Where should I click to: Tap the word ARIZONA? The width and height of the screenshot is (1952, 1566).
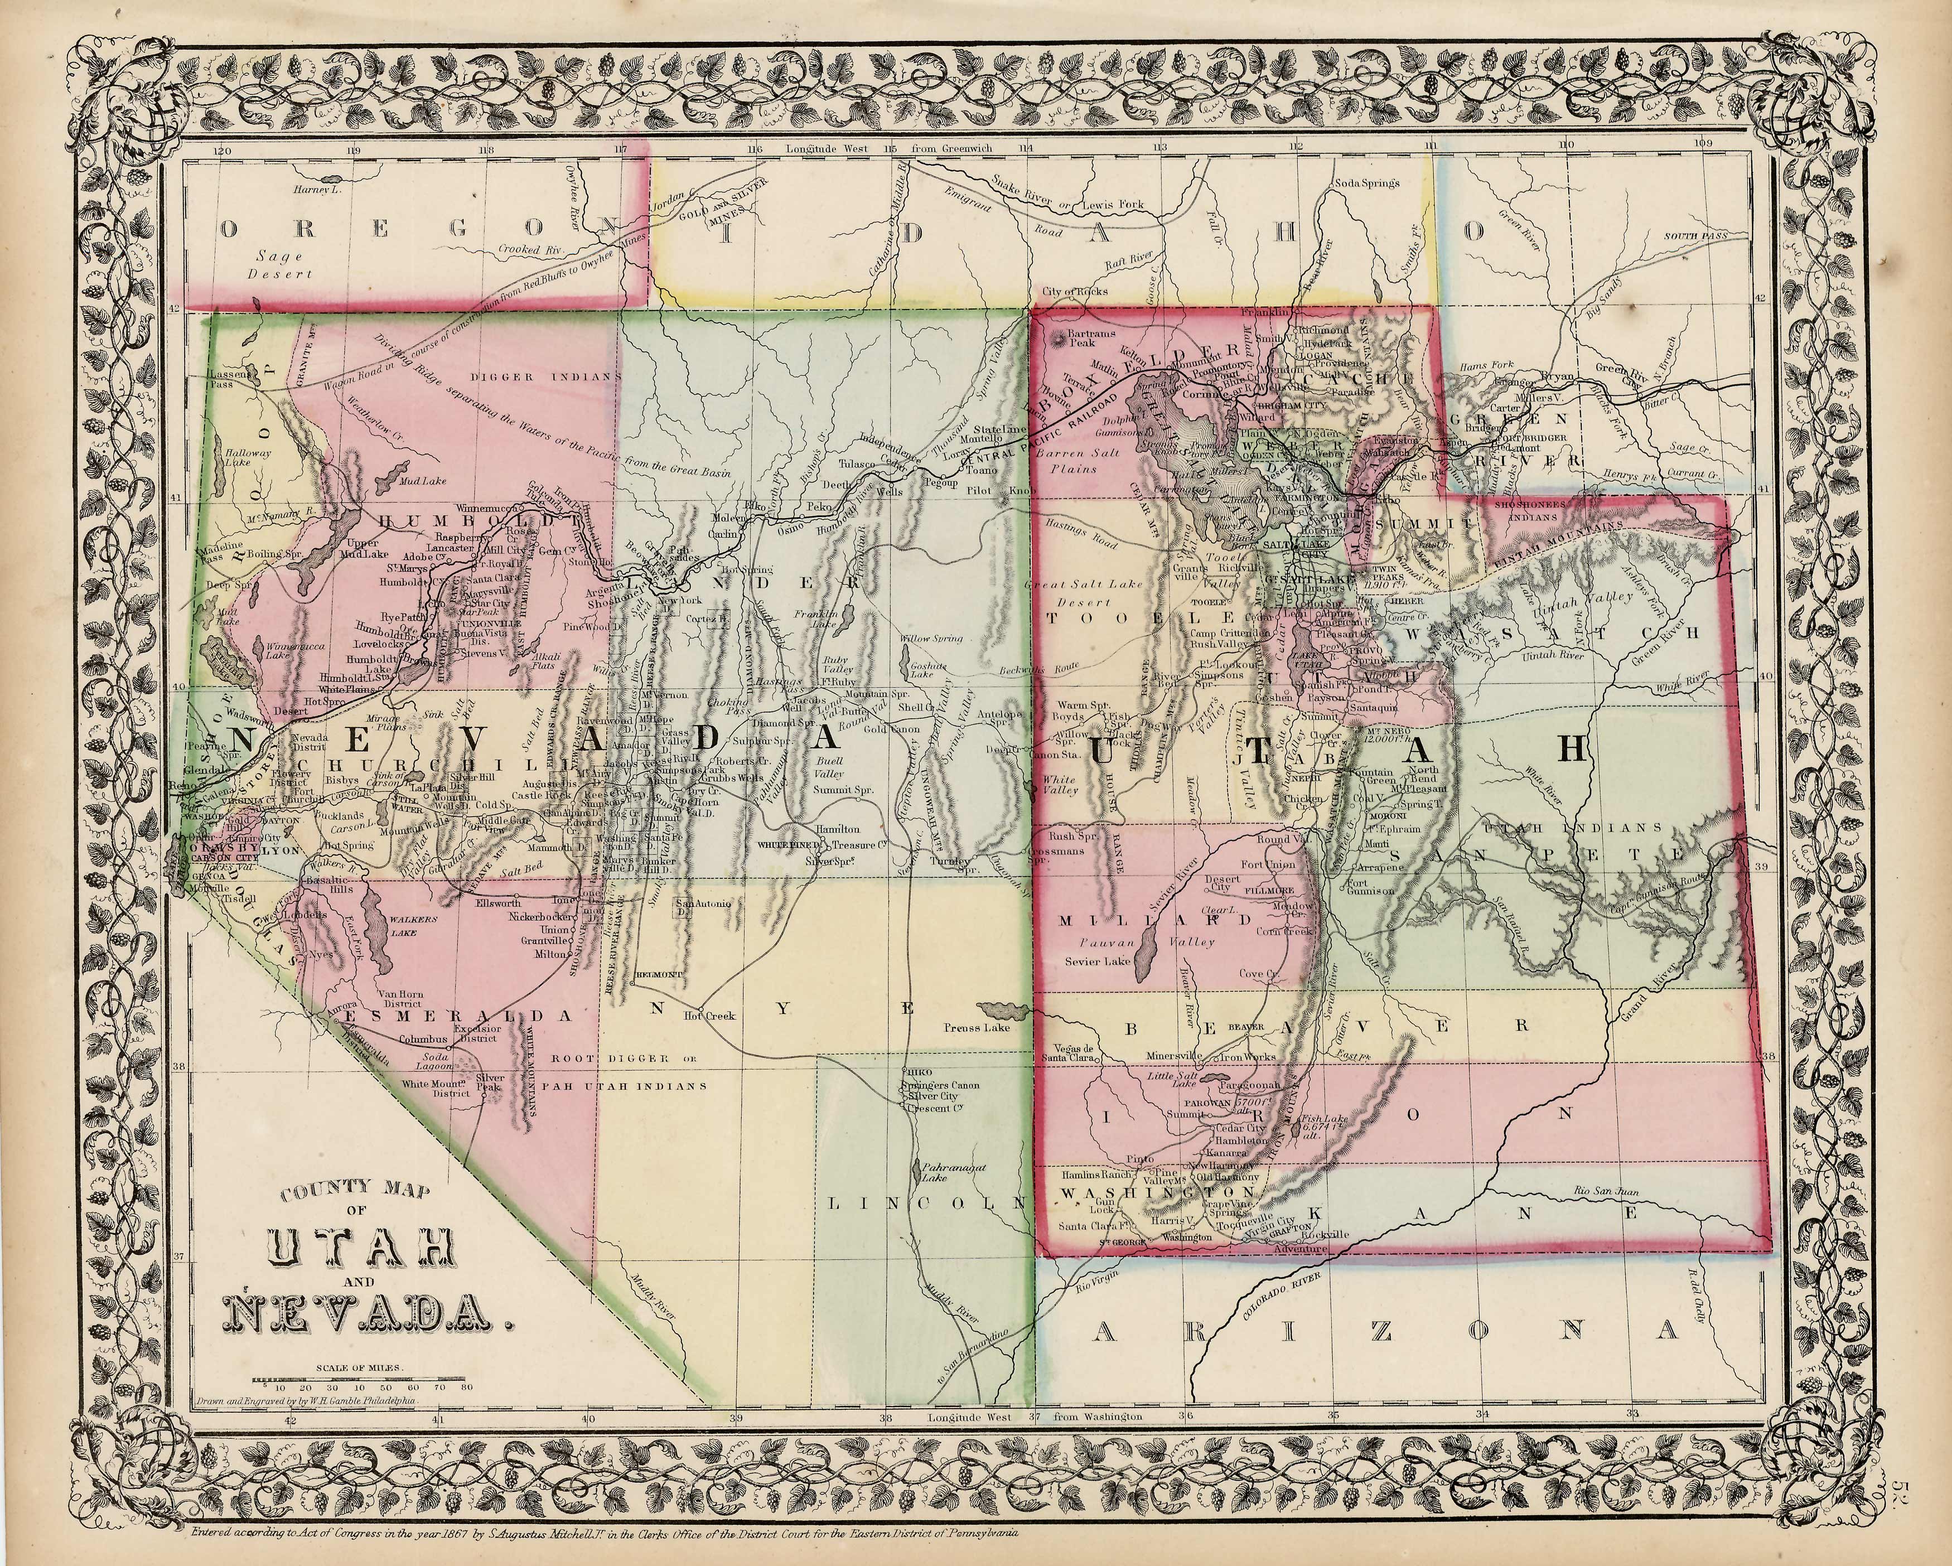[1385, 1329]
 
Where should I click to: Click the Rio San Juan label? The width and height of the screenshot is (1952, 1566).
[1605, 1192]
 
